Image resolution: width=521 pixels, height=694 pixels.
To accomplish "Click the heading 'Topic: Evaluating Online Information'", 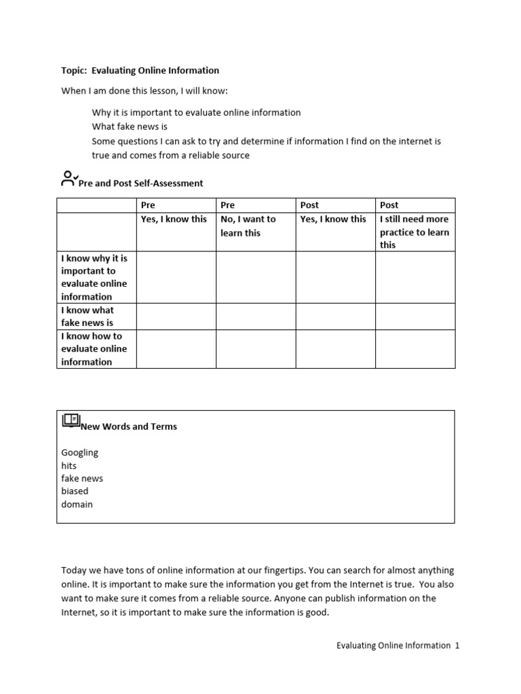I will (140, 70).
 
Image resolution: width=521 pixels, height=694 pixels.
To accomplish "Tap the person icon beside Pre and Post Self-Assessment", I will (69, 179).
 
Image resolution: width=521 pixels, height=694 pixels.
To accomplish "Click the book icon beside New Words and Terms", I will (71, 421).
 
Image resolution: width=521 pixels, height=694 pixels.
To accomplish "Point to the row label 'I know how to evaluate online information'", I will (94, 349).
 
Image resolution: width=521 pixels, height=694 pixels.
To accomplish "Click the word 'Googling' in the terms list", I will (79, 452).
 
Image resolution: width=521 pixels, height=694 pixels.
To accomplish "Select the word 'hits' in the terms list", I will (69, 466).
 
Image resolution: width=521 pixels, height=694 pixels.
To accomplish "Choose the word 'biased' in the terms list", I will (75, 491).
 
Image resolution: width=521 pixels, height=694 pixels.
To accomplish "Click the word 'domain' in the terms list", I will (77, 504).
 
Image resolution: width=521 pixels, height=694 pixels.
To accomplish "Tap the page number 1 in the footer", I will (457, 646).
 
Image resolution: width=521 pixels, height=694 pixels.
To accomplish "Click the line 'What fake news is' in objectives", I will (130, 127).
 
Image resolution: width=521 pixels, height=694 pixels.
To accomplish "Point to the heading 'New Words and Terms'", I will (129, 427).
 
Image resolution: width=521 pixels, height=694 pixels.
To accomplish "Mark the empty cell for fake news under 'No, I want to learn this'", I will (256, 317).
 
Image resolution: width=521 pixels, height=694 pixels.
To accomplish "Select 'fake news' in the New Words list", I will (82, 478).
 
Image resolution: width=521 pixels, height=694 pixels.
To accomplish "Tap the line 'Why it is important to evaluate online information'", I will (196, 113).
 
